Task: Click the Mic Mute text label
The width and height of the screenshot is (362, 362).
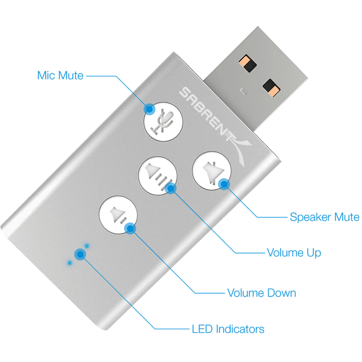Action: click(x=60, y=75)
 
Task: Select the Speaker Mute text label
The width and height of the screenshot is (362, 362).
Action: click(x=324, y=217)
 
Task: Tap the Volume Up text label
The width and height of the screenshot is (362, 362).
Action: click(x=294, y=252)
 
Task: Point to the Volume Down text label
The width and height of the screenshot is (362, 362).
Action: click(x=262, y=293)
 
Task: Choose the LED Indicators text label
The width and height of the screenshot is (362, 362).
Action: click(x=228, y=329)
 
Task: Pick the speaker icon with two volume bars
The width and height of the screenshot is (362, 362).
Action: click(x=117, y=215)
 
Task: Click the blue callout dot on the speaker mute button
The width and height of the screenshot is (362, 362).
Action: click(x=223, y=183)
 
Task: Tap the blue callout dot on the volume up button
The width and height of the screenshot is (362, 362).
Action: click(x=171, y=188)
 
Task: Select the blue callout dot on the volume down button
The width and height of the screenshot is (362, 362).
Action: click(x=130, y=228)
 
